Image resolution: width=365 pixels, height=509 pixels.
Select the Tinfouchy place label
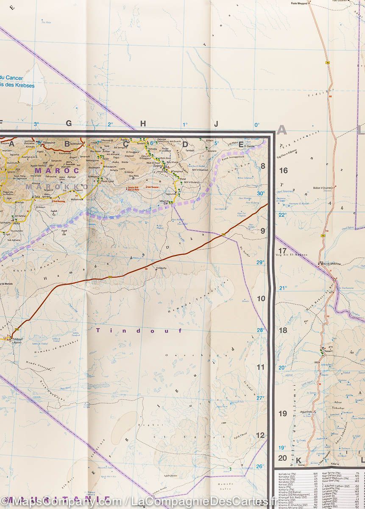tap(162, 268)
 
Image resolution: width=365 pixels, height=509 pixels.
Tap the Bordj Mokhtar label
tap(333, 263)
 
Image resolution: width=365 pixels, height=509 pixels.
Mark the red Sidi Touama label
tap(151, 187)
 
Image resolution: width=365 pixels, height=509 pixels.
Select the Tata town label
tap(37, 197)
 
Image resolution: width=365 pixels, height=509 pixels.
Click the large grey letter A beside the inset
tap(282, 130)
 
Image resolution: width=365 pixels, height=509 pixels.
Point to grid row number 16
tap(283, 171)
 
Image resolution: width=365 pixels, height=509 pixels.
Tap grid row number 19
tap(282, 414)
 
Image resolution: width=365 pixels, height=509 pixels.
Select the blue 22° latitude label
tap(282, 215)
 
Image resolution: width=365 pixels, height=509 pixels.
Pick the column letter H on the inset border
tap(143, 123)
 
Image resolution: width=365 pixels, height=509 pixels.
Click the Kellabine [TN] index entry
tap(286, 473)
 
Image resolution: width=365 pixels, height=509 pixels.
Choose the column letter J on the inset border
tap(216, 124)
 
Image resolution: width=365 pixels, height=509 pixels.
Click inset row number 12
tap(261, 435)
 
